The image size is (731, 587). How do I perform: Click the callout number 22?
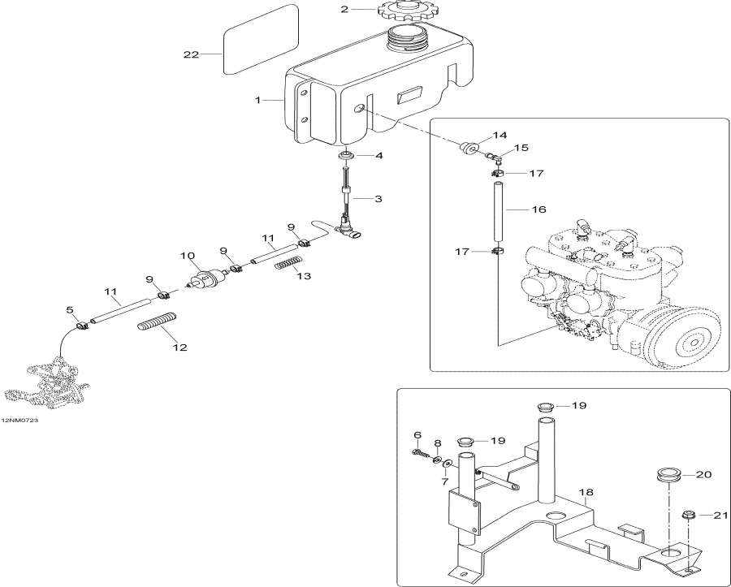pos(191,54)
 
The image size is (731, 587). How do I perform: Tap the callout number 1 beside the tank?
pos(257,100)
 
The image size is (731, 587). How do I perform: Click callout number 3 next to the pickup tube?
pos(378,198)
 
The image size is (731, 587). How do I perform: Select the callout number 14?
pos(499,135)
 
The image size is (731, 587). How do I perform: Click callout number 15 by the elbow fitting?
pos(521,148)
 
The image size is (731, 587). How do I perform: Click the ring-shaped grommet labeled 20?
pos(667,474)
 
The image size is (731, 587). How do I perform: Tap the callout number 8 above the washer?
pos(437,444)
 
